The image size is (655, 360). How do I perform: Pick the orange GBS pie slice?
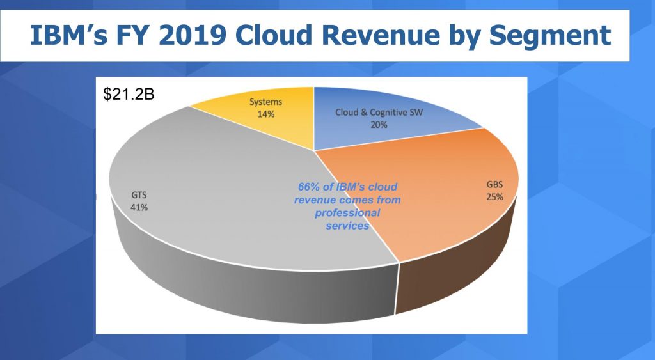435,205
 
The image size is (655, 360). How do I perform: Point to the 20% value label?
378,125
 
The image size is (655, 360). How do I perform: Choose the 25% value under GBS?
493,196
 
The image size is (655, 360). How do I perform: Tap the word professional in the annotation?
347,213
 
